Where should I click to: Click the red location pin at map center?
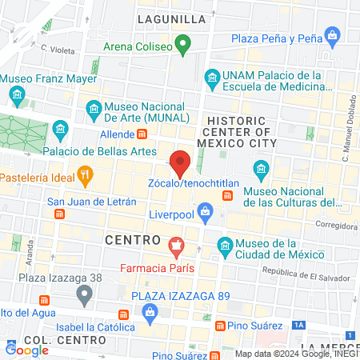point(180,162)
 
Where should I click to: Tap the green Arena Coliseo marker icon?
point(183,46)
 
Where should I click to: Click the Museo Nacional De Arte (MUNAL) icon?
point(94,107)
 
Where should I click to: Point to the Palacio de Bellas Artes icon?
point(61,130)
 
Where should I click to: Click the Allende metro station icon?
point(142,134)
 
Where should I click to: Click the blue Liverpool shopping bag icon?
point(206,212)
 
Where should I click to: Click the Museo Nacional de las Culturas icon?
point(260,170)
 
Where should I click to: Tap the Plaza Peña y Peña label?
point(276,38)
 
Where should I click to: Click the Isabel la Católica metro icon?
point(122,314)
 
